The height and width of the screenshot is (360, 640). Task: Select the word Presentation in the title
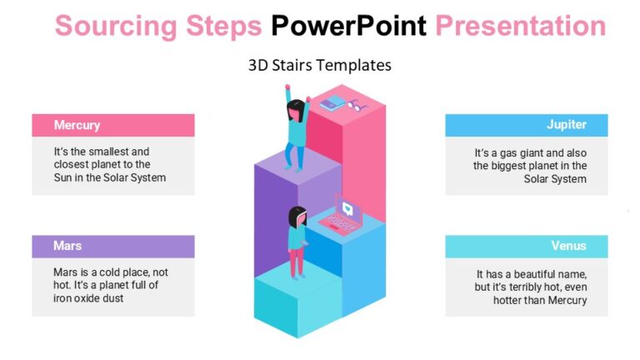pos(521,27)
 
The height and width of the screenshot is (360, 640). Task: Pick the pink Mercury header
pos(112,125)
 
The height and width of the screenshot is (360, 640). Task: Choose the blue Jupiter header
pos(526,125)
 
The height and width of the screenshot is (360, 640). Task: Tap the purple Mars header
pos(112,246)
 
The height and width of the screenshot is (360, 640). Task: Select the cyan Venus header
pos(526,246)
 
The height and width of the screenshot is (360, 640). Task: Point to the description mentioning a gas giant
pos(531,166)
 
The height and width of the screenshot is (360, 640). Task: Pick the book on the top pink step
pos(333,103)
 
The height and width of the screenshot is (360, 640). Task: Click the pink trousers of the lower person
pos(297,262)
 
